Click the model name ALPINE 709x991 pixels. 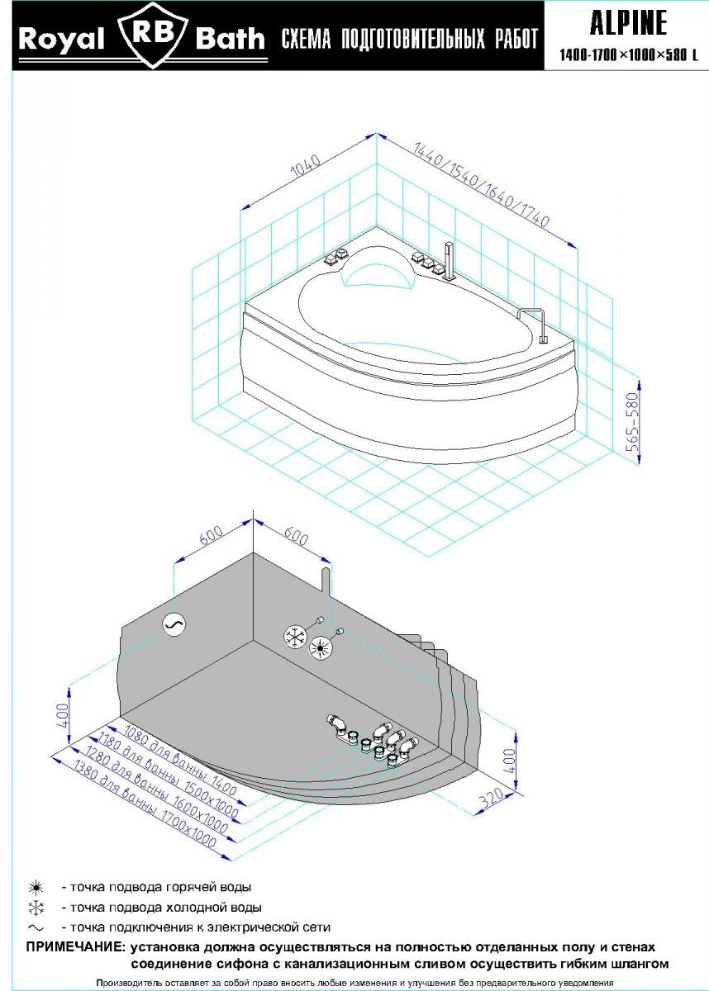628,24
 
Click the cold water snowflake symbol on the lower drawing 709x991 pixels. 295,635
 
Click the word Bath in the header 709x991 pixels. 231,39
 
